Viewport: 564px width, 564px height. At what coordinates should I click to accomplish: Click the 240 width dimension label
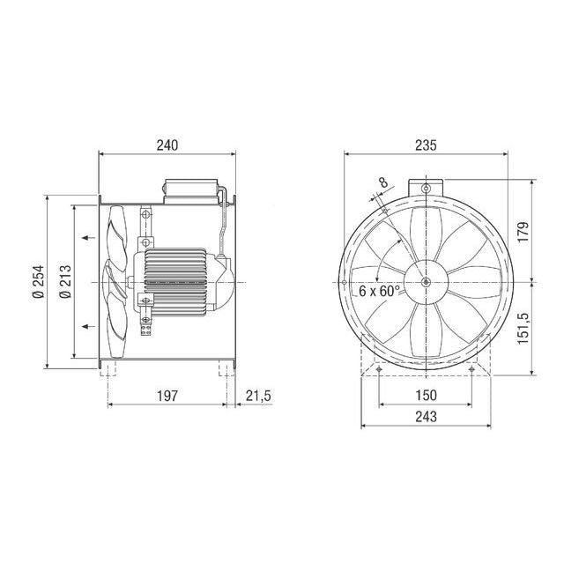(x=167, y=143)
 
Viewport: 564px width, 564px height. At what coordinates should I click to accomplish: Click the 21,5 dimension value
(x=258, y=396)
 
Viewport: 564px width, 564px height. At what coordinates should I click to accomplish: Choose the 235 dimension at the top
(x=426, y=143)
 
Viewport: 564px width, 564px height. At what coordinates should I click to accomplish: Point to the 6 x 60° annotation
(x=380, y=290)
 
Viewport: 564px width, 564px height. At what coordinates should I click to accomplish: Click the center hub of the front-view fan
(x=426, y=282)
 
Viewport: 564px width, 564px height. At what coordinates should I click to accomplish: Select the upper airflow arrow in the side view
(x=86, y=237)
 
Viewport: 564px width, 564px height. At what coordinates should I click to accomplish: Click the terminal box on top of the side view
(x=189, y=189)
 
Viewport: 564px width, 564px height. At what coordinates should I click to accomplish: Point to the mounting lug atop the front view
(x=426, y=188)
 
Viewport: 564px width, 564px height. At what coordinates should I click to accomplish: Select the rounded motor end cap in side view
(x=224, y=282)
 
